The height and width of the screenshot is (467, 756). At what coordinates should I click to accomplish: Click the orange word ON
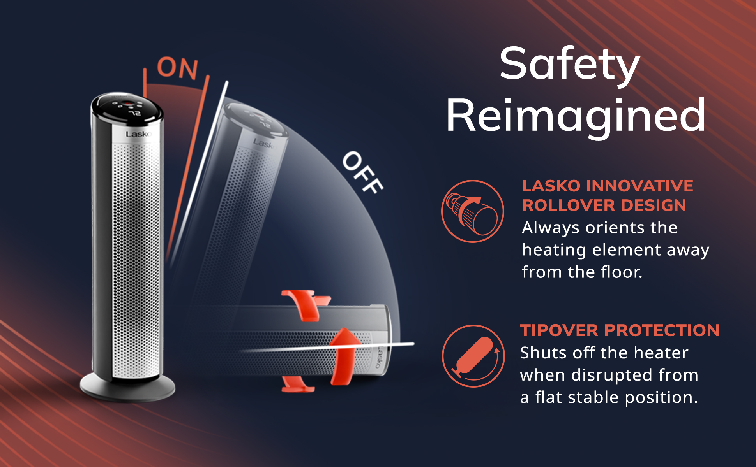coord(178,68)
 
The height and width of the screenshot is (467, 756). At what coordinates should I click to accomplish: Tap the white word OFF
coord(362,172)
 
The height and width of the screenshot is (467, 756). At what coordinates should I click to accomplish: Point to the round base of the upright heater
coord(127,389)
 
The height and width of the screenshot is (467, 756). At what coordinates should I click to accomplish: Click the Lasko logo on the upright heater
coord(139,134)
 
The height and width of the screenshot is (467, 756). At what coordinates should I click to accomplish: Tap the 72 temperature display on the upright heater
coord(135,113)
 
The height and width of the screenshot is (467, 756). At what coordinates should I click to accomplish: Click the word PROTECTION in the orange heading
coord(662,330)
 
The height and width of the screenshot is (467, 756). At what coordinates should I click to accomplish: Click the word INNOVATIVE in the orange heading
coord(640,186)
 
